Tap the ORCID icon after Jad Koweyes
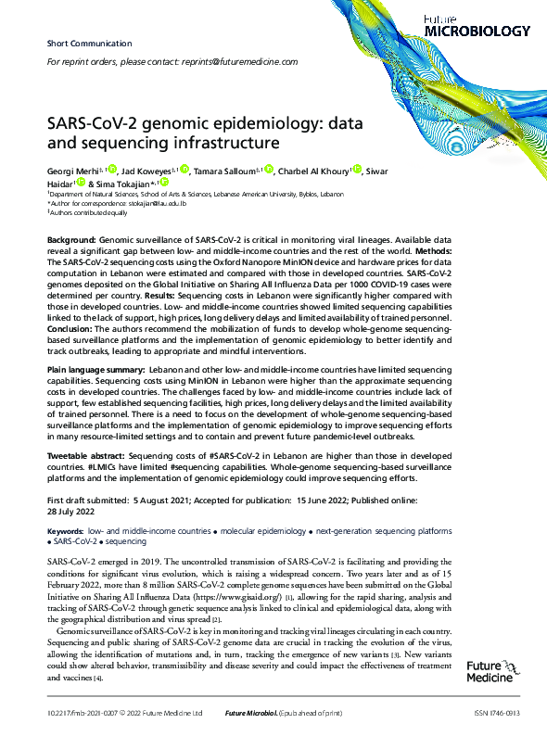point(184,170)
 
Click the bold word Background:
point(70,240)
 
